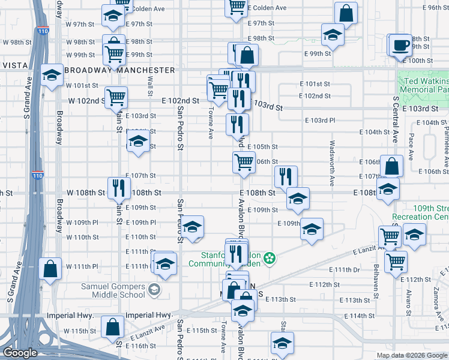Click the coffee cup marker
click(402, 45)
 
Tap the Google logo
click(20, 353)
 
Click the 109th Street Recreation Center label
click(420, 212)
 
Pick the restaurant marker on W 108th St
click(118, 187)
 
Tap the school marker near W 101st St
click(52, 74)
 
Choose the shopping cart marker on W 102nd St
click(116, 97)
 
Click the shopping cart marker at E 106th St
click(244, 162)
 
